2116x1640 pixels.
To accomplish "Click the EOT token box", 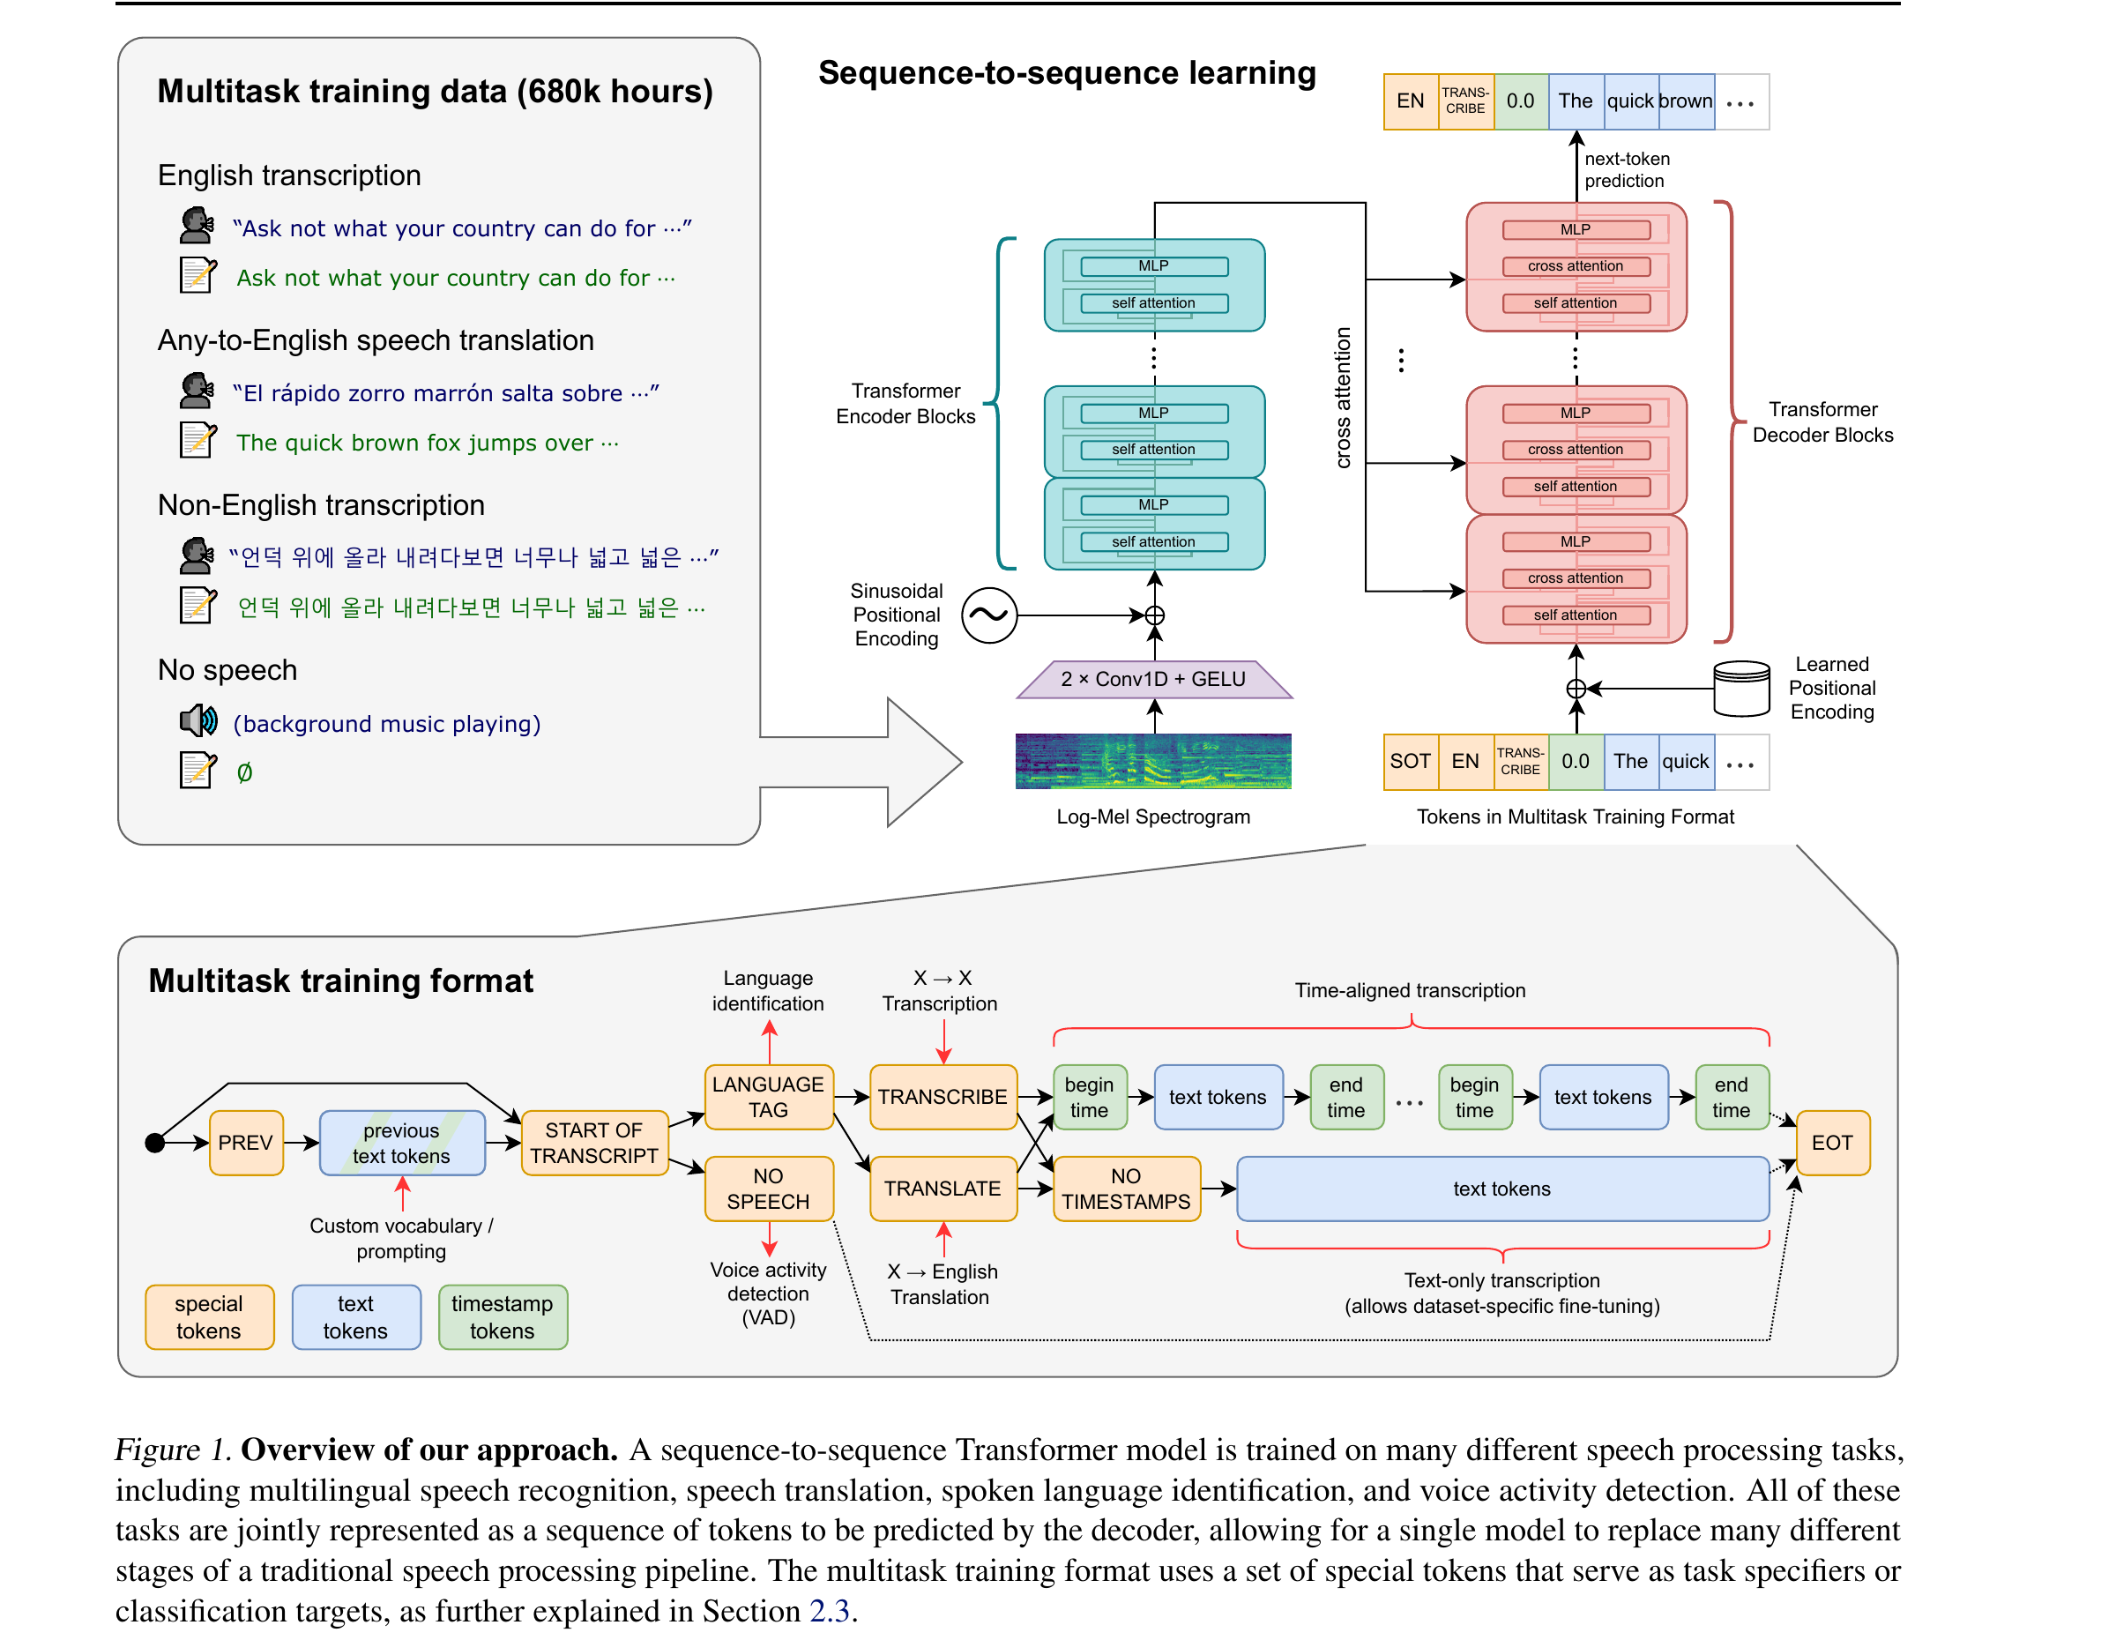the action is (1831, 1142).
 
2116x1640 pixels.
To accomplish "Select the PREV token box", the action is (246, 1142).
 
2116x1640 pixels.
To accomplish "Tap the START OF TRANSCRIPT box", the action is (594, 1142).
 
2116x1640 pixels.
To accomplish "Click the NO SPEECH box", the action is (768, 1189).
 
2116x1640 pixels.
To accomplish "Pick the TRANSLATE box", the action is (943, 1189).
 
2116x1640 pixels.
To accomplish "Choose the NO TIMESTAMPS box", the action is (1126, 1189).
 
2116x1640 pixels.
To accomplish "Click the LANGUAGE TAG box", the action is (768, 1097).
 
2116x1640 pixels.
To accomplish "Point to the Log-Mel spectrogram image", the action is (1153, 762).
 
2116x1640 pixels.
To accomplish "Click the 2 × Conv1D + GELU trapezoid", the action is (1153, 679).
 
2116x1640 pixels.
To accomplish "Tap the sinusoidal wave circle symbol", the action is (989, 615).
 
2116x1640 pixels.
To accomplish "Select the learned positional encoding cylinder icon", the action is (1741, 689).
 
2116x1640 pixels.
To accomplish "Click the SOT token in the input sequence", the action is (1410, 762).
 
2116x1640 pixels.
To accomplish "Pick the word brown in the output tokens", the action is (1686, 101).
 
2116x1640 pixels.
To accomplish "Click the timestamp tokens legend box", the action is (503, 1316).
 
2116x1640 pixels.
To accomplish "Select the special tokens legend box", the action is (209, 1316).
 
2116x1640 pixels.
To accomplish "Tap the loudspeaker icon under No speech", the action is (197, 719).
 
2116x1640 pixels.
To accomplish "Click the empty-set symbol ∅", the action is (244, 772).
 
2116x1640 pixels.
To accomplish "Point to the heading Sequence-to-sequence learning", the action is (1067, 72).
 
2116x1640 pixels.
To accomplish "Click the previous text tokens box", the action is (402, 1142).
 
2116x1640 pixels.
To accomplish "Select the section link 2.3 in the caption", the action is (830, 1610).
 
